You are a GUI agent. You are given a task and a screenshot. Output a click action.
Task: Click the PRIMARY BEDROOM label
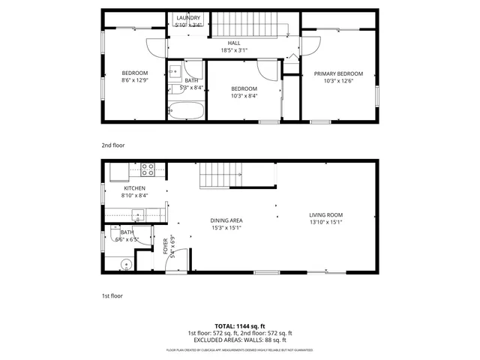(x=338, y=73)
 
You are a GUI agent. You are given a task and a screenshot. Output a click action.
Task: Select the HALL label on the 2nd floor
(x=234, y=43)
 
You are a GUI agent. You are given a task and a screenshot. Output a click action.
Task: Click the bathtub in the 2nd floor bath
(x=184, y=111)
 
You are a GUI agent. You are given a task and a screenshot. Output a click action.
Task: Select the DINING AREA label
(x=226, y=220)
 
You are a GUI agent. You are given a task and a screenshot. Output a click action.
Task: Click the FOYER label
(x=165, y=245)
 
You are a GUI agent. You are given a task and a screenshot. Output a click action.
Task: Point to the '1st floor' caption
(x=112, y=295)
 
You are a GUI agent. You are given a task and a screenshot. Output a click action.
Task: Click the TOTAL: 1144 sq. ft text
(x=239, y=325)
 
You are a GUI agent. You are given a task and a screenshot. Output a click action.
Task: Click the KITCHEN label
(x=135, y=188)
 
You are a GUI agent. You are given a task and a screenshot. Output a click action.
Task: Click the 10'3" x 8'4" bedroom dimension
(x=244, y=95)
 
